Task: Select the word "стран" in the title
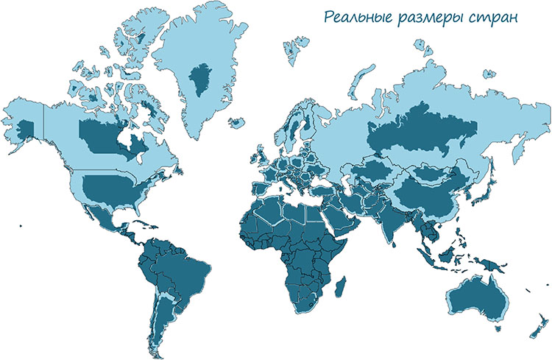pyautogui.click(x=489, y=18)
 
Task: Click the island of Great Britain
pyautogui.click(x=258, y=151)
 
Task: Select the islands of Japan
pyautogui.click(x=483, y=188)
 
